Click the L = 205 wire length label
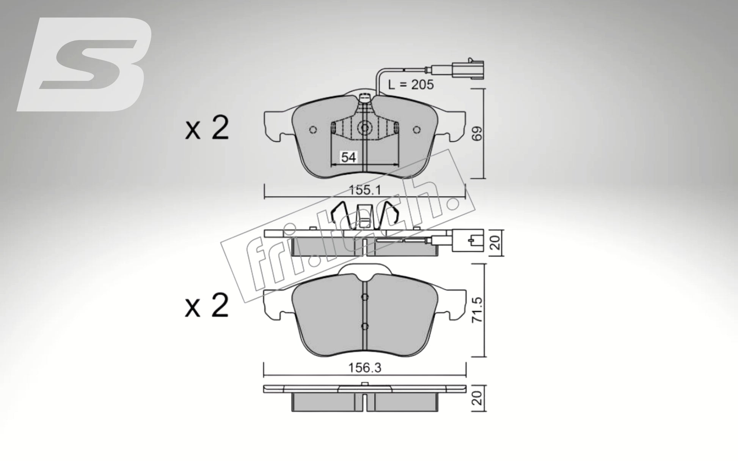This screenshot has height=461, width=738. pyautogui.click(x=411, y=84)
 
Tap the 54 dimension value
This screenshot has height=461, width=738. pyautogui.click(x=348, y=157)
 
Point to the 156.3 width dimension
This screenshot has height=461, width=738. pyautogui.click(x=364, y=368)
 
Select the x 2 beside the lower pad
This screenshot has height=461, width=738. pyautogui.click(x=207, y=306)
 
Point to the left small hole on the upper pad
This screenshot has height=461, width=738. pyautogui.click(x=313, y=130)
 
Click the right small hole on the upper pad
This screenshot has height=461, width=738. pyautogui.click(x=417, y=130)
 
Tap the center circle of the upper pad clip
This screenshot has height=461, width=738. pyautogui.click(x=364, y=128)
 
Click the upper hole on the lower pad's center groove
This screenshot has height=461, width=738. pyautogui.click(x=364, y=297)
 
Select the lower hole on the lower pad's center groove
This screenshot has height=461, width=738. pyautogui.click(x=364, y=326)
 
